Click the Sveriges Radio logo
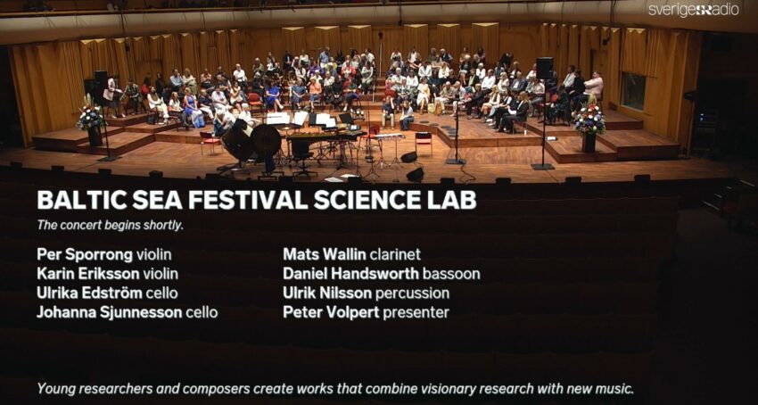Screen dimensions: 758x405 pyautogui.click(x=693, y=10)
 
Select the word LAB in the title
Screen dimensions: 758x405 pyautogui.click(x=454, y=200)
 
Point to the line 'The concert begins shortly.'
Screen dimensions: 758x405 pyautogui.click(x=111, y=226)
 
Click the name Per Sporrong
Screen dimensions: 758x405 pyautogui.click(x=85, y=254)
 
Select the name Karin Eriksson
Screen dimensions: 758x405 pyautogui.click(x=88, y=274)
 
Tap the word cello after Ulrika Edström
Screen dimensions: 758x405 pyautogui.click(x=162, y=293)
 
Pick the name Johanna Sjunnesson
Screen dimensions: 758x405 pyautogui.click(x=110, y=312)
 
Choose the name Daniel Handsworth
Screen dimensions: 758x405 pyautogui.click(x=350, y=274)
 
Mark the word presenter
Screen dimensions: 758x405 pyautogui.click(x=416, y=312)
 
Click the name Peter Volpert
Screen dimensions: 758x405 pyautogui.click(x=331, y=312)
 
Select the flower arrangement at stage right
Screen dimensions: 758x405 pyautogui.click(x=589, y=122)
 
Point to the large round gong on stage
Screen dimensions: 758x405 pyautogui.click(x=266, y=140)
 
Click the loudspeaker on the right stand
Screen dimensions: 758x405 pyautogui.click(x=544, y=68)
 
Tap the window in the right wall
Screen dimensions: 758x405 pyautogui.click(x=633, y=90)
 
